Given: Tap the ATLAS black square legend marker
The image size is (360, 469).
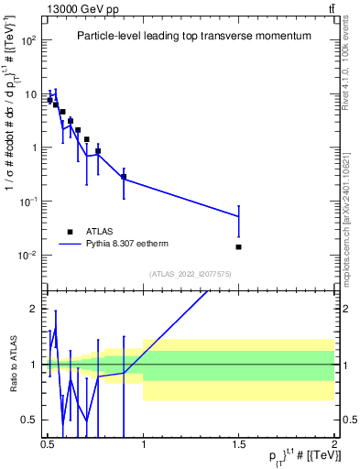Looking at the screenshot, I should [x=70, y=232].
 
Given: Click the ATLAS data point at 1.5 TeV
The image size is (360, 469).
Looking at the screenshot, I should [x=238, y=246].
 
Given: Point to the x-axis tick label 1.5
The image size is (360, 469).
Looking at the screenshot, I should [x=238, y=444].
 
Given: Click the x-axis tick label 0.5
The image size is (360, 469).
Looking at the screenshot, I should [x=48, y=444].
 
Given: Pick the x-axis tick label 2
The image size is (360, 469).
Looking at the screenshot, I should [x=334, y=444].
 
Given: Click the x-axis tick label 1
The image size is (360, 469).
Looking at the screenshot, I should [x=143, y=444].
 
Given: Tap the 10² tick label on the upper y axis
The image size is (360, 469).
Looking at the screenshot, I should [x=27, y=40].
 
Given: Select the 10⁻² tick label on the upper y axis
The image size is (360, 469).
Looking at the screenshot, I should [x=27, y=255].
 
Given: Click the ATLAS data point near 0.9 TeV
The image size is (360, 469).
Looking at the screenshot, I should [x=124, y=177].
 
